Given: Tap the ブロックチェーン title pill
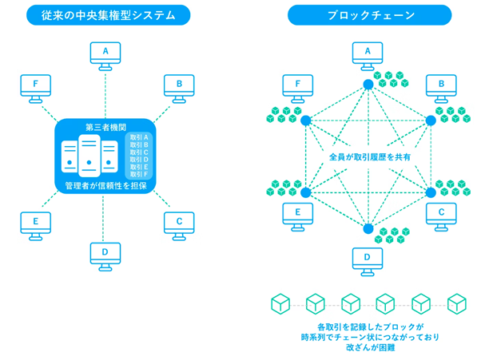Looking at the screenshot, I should coord(368,14).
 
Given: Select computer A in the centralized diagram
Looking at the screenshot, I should coord(105,53).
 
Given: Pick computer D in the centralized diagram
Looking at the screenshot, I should coord(105,255).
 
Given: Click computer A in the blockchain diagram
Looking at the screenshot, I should coord(368,53).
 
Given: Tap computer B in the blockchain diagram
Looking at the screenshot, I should coord(441,86).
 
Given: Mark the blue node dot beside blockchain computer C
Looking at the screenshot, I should coord(431,192).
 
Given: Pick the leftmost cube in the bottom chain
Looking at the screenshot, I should coord(280,304).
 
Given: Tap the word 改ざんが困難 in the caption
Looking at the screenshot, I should coord(368,349).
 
